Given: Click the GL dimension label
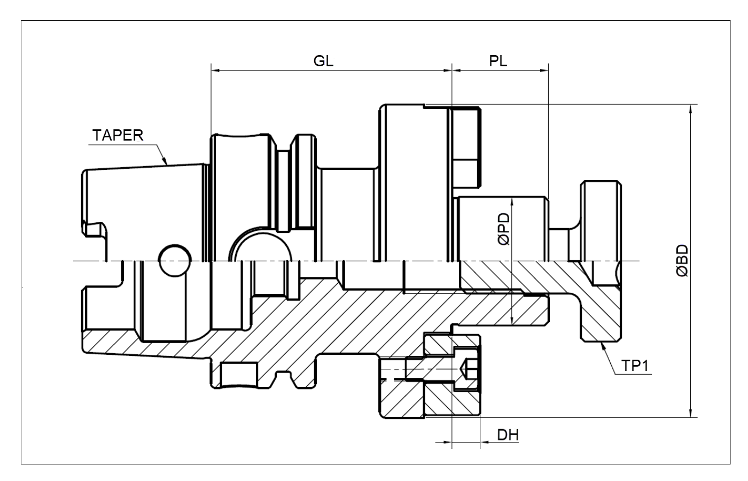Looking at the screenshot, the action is point(323,61).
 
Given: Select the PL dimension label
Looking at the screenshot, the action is point(498,61).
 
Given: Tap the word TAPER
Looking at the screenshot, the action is point(118,135).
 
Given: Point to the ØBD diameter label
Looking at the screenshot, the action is point(682,261).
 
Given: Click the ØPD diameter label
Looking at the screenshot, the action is point(504,229).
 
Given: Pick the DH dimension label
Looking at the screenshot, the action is point(508,435).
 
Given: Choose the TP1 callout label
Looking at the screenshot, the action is point(635,366).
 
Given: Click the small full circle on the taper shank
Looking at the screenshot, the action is point(176,261).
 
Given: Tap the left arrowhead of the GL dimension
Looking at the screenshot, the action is point(216,71).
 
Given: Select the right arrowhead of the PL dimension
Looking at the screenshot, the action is point(544,71).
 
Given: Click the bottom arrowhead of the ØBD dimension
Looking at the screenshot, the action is point(690,413).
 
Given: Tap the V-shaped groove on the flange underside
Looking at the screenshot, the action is point(285,379).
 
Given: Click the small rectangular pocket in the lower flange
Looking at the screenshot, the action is point(239,374).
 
